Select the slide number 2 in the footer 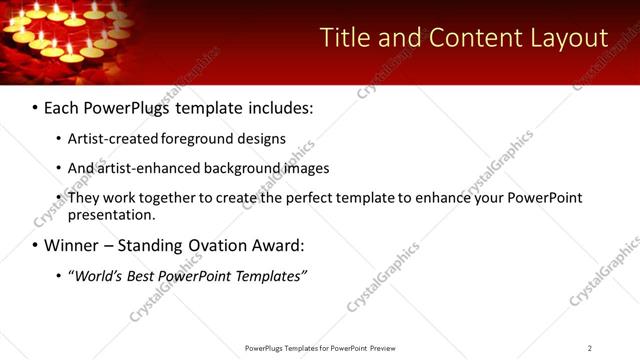click(x=589, y=348)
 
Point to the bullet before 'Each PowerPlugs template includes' click(x=35, y=107)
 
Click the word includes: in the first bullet click(x=279, y=107)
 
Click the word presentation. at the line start click(x=111, y=214)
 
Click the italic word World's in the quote click(x=96, y=276)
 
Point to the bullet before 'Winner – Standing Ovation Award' click(x=35, y=245)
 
